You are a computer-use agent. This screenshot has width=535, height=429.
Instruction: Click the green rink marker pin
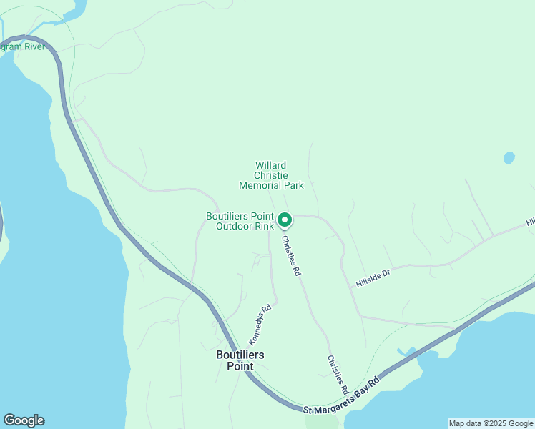[x=284, y=220]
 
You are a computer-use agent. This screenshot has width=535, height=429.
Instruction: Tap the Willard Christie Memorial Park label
[x=271, y=175]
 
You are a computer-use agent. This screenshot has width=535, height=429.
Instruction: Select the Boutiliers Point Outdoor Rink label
[x=240, y=221]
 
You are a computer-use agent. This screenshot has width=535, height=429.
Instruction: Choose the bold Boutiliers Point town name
[x=240, y=360]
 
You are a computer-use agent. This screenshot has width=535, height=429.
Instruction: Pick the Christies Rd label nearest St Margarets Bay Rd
[x=338, y=375]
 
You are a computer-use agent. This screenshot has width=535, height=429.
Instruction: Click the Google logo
[x=24, y=420]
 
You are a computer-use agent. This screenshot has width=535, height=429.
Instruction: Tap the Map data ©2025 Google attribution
[x=491, y=423]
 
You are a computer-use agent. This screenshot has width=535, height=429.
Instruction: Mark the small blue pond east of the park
[x=509, y=157]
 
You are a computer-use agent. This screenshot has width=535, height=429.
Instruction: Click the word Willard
[x=271, y=165]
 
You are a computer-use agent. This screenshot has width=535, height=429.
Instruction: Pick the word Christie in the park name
[x=271, y=175]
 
